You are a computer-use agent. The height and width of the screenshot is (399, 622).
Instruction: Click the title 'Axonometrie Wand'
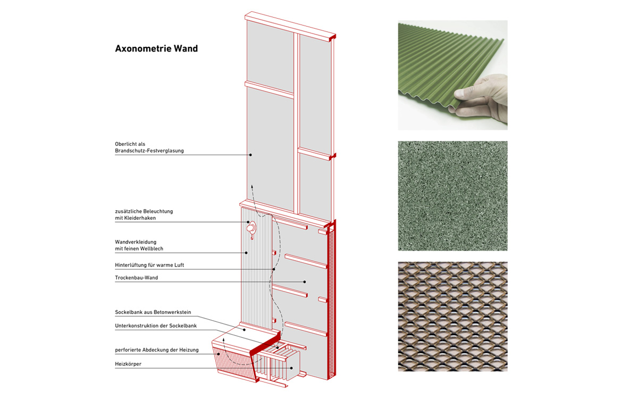156,49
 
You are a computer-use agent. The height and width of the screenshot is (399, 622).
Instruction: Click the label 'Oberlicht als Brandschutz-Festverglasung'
149,147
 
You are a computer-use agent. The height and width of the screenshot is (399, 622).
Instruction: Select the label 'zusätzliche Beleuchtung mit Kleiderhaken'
144,214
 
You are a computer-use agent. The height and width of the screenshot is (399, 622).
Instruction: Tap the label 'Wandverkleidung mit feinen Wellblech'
140,245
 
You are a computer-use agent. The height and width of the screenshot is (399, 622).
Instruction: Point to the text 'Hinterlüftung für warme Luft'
149,265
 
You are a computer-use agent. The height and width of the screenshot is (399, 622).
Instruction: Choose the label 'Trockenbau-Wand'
136,278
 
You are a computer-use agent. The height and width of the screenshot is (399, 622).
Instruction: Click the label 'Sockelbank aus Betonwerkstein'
153,312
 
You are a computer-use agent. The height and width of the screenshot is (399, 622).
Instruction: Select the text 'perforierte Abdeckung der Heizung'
157,350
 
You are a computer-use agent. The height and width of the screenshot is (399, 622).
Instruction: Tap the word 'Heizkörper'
128,364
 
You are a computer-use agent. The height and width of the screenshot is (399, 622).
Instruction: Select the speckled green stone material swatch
452,196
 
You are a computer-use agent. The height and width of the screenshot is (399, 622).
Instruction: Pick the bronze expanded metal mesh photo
452,316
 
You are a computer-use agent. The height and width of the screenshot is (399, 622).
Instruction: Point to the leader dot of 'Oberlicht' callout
250,155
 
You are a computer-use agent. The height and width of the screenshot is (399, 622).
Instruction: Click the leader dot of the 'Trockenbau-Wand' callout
305,281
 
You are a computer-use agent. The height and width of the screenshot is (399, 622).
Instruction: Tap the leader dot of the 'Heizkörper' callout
292,368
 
